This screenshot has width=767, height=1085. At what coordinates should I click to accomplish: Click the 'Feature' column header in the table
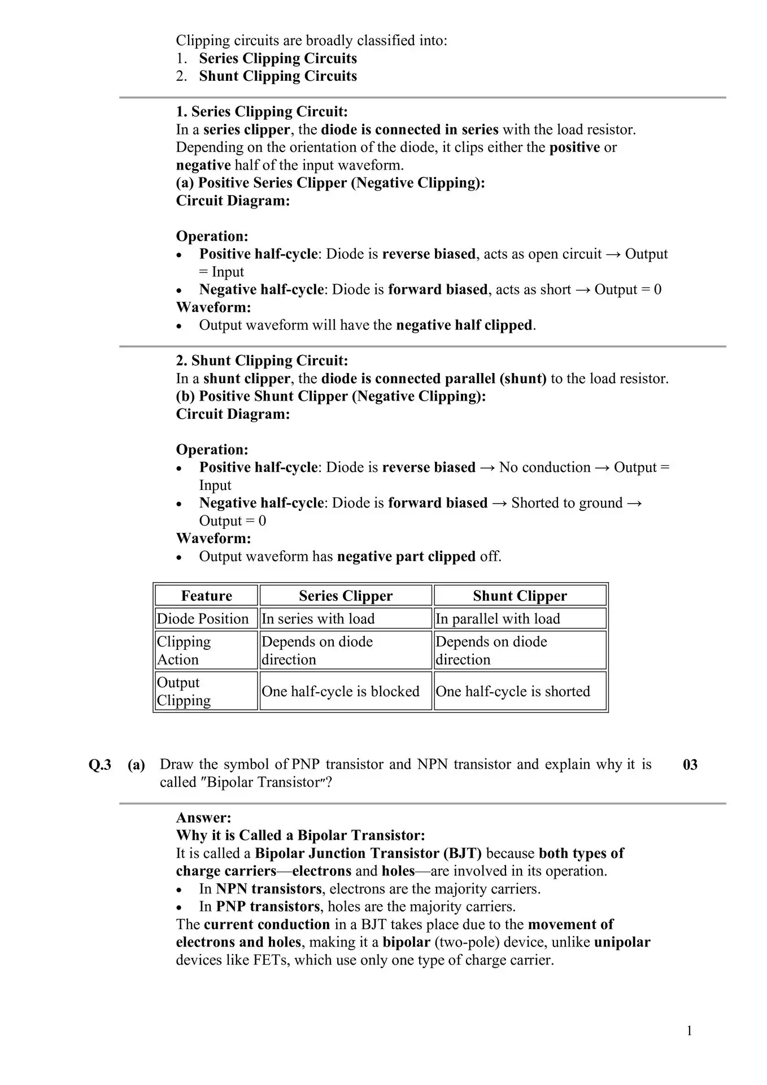coord(206,596)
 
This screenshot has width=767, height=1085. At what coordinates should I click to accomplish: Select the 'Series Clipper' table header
coord(345,596)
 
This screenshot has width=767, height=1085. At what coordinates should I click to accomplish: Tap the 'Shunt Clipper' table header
coord(520,596)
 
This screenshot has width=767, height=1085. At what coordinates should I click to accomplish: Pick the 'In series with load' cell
coord(318,618)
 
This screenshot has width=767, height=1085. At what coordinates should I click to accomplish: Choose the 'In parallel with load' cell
coord(498,618)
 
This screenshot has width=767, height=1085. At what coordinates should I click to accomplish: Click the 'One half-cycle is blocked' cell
coord(341,691)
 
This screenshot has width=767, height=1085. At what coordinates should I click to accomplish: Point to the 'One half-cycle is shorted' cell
coord(513,691)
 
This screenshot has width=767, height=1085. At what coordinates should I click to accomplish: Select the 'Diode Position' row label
coord(202,618)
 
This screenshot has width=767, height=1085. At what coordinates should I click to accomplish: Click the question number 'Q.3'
coord(100,765)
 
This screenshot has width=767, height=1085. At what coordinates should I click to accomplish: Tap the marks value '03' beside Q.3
coord(690,765)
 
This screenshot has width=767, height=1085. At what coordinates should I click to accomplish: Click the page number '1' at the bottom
coord(689,1031)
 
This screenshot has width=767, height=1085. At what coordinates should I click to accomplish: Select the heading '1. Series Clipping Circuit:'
coord(262,111)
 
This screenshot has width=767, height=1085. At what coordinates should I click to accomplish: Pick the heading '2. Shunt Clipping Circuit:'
coord(262,361)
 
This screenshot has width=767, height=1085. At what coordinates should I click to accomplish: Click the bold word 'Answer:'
coord(203,818)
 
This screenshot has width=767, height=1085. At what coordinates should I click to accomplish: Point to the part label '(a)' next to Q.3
coord(136,765)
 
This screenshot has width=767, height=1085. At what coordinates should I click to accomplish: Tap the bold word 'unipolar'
coord(622,942)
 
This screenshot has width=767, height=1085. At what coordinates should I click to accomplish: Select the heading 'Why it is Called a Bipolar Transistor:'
coord(300,835)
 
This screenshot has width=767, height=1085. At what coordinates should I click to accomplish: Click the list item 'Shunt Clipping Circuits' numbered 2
coord(278,76)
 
